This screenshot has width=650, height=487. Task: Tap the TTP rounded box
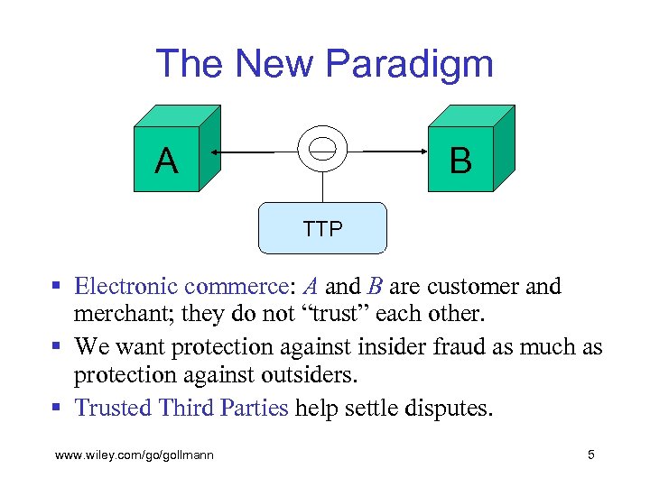pyautogui.click(x=322, y=228)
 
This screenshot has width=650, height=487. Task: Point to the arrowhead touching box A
pyautogui.click(x=206, y=152)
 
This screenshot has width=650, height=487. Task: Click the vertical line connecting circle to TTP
pyautogui.click(x=322, y=188)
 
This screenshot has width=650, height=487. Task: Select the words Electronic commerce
pyautogui.click(x=180, y=287)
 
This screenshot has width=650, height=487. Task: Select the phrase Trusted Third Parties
pyautogui.click(x=181, y=408)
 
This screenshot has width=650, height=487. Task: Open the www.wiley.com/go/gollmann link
pyautogui.click(x=135, y=455)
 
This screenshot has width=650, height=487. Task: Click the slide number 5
pyautogui.click(x=590, y=455)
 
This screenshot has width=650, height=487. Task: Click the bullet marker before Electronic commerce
pyautogui.click(x=56, y=288)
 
